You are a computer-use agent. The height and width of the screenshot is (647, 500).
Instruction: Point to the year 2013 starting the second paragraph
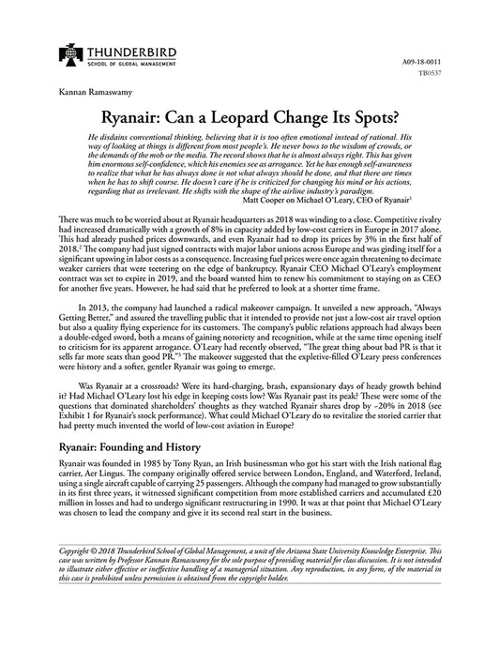click(102, 361)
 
